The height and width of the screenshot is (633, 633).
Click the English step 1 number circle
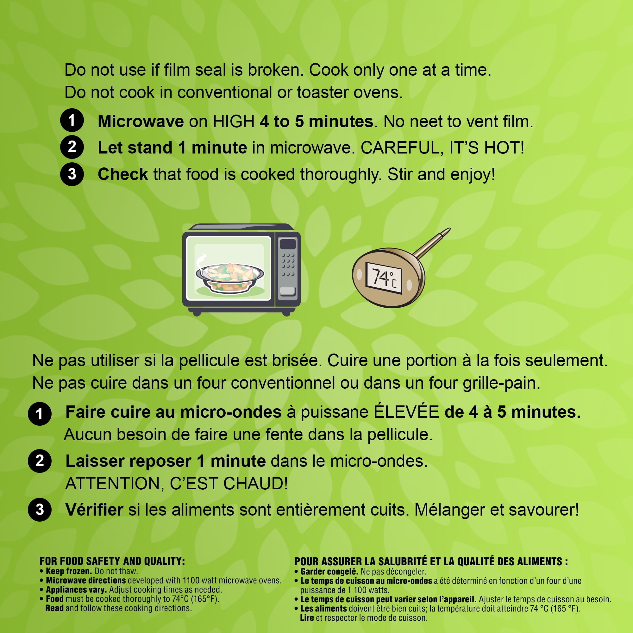coord(72,120)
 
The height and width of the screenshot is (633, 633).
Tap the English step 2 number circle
coord(72,147)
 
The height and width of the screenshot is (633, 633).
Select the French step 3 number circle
coord(40,510)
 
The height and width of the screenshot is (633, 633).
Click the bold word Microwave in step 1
coord(141,122)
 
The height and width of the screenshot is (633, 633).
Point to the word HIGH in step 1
coord(234,122)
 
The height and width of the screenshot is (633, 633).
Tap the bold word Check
coord(123,174)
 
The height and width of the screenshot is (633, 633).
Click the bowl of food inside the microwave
coord(230,277)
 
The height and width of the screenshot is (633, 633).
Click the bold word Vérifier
coord(94,510)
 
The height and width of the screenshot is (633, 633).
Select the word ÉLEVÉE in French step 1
coord(406,412)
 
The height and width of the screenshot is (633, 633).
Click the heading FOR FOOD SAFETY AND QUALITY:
coord(112,561)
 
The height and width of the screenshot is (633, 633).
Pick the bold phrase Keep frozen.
coord(69,571)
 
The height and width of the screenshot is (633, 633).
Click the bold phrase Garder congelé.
coord(329,572)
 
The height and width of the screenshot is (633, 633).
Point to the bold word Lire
coord(307,618)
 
